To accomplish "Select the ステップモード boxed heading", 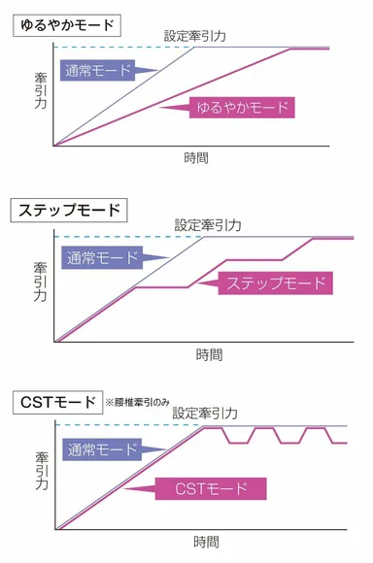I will (68, 209).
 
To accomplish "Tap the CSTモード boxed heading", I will (56, 400).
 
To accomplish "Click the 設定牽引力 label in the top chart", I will (197, 36).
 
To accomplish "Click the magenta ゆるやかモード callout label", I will (241, 107).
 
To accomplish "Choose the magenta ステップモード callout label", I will (276, 282).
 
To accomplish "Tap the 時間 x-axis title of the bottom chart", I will (205, 542).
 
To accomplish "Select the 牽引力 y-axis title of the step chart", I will (40, 282).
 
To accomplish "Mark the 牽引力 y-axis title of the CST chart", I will (40, 471).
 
